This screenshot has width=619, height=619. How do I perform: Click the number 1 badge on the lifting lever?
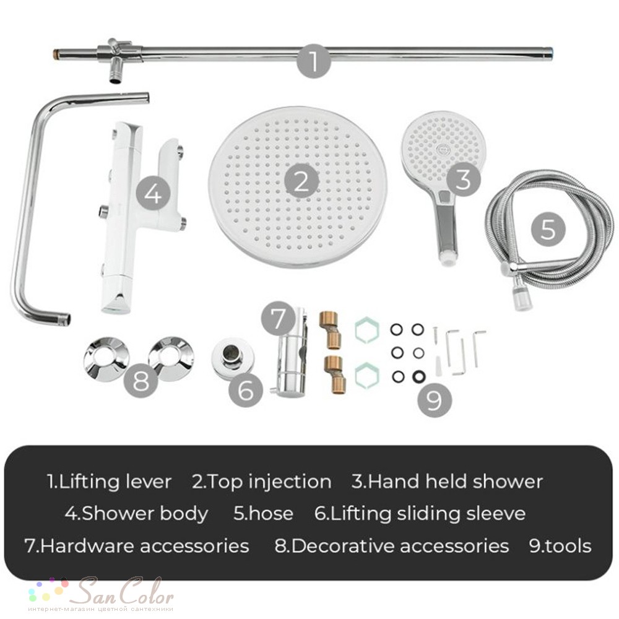[x=314, y=61]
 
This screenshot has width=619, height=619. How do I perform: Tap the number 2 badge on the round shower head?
[x=301, y=181]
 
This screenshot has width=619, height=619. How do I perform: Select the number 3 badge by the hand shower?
[x=463, y=179]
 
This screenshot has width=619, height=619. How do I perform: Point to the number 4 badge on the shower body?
[x=153, y=193]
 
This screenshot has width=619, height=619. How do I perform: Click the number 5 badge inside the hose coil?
[x=548, y=228]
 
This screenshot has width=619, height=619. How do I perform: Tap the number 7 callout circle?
[x=279, y=318]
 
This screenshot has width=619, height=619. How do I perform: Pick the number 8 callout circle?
[x=141, y=381]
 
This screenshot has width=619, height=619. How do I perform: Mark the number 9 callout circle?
[x=435, y=399]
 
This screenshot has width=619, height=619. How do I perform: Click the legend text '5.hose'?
[x=263, y=513]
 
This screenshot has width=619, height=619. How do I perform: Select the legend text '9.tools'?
[x=560, y=546]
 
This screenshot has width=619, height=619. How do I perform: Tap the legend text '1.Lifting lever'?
[x=110, y=482]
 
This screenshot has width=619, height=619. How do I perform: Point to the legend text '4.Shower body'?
[x=137, y=514]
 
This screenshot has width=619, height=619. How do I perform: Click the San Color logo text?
[x=126, y=591]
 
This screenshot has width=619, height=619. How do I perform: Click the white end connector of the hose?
[x=523, y=300]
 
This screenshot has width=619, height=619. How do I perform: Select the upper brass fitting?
[x=331, y=331]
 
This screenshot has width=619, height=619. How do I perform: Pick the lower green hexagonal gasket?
[x=366, y=376]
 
